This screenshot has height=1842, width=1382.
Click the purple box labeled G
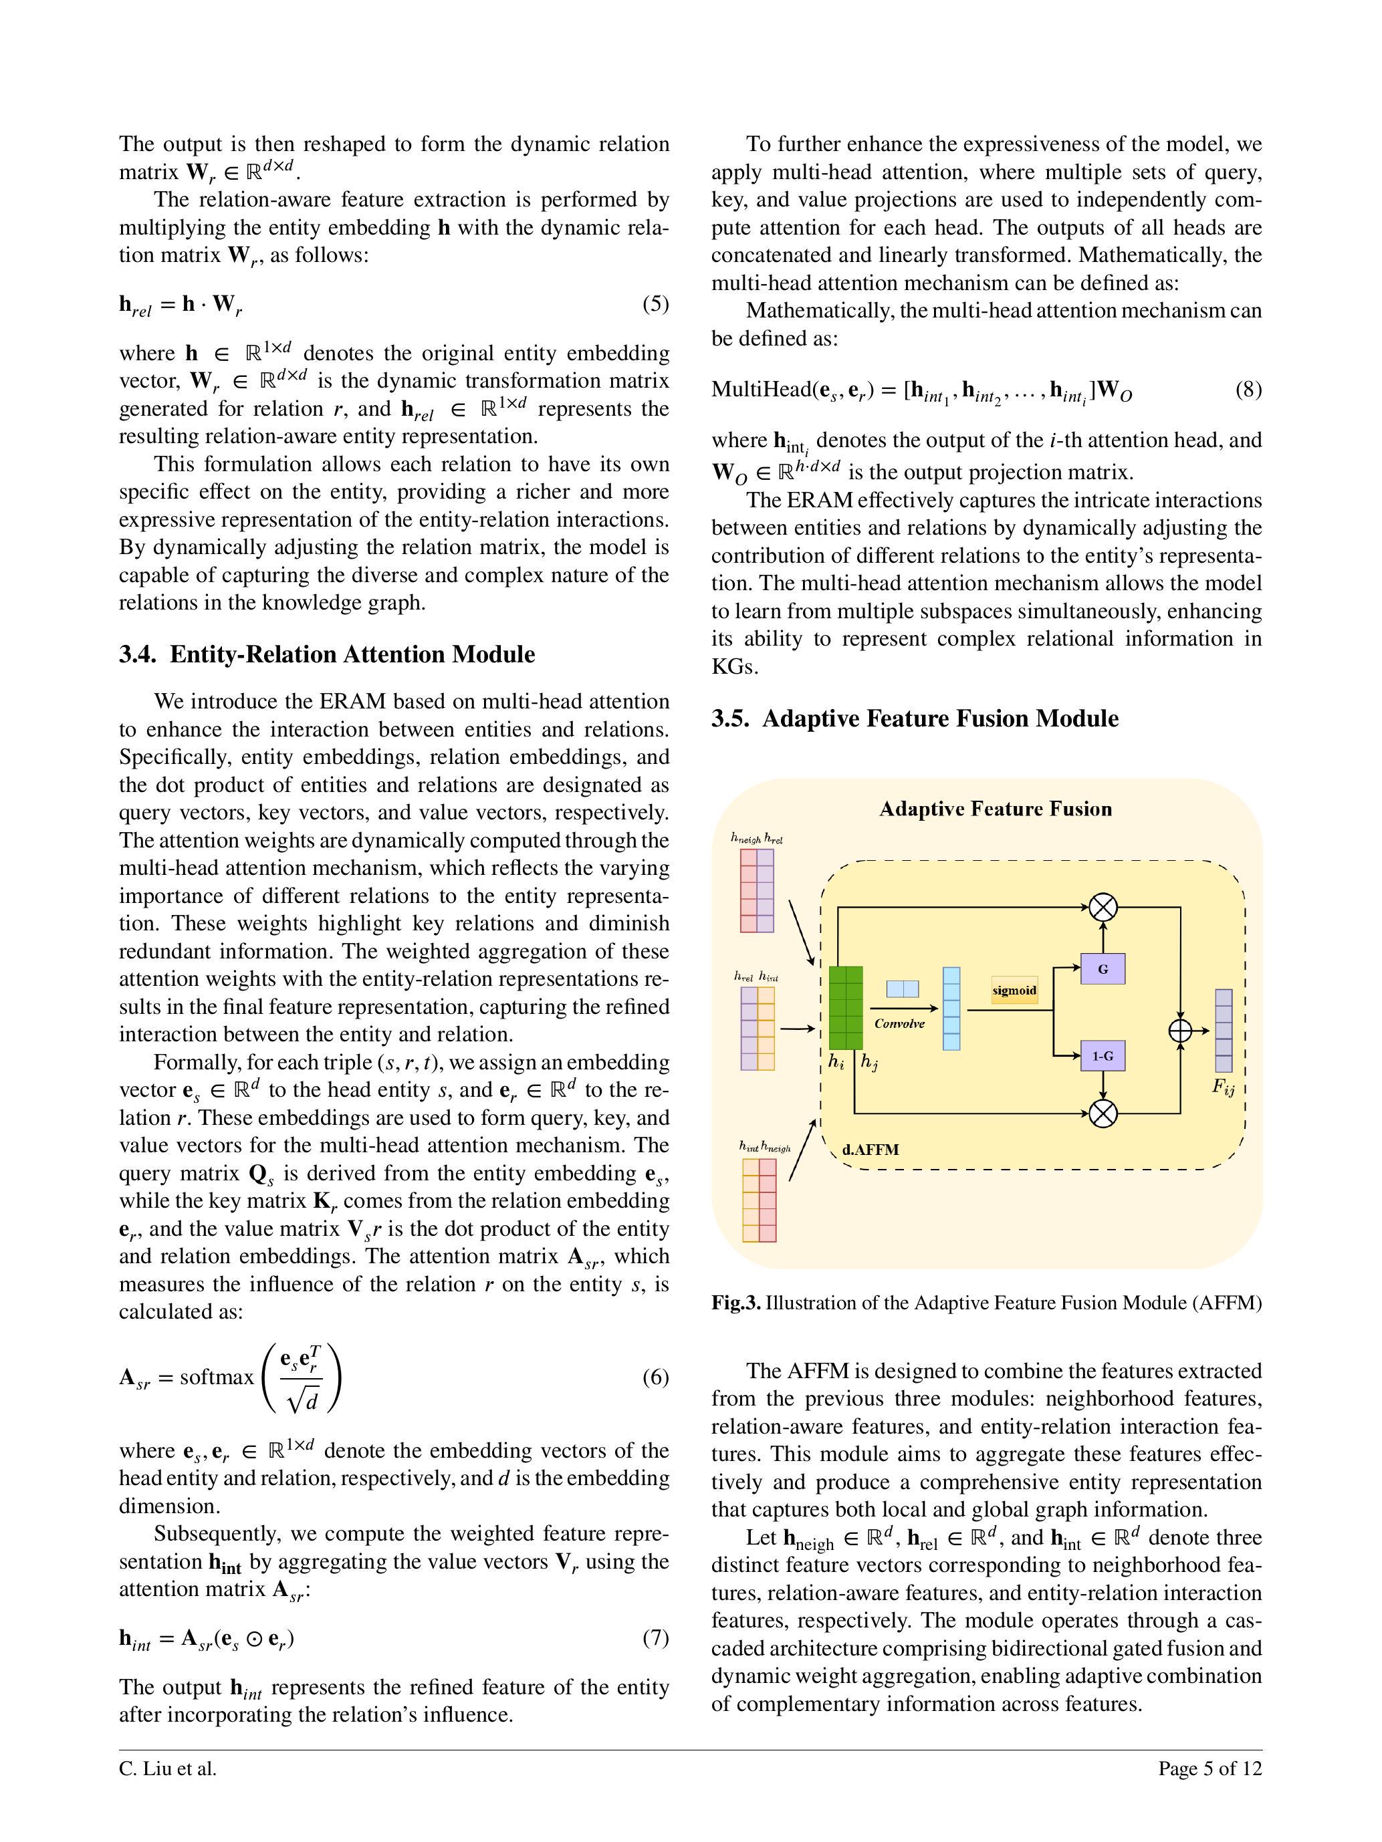coord(1102,968)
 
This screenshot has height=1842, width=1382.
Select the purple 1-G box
coord(1102,1056)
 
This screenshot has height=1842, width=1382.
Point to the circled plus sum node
coord(1179,1031)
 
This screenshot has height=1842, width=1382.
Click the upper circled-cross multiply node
coord(1103,907)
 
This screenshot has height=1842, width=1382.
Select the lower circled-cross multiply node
coord(1103,1113)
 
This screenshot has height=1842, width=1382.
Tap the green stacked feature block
coord(846,1008)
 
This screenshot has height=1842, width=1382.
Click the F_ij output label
coord(1223,1087)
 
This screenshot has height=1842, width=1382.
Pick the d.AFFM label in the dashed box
coord(870,1150)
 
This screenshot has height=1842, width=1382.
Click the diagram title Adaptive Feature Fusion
coord(996,809)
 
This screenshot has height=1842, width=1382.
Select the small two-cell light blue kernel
coord(902,989)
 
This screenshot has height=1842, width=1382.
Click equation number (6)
coord(655,1377)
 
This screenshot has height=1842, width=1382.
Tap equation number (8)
coord(1248,390)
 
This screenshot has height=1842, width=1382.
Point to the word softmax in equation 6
coord(217,1377)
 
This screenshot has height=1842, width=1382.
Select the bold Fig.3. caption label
coord(735,1303)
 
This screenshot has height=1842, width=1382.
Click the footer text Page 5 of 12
coord(1210,1768)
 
